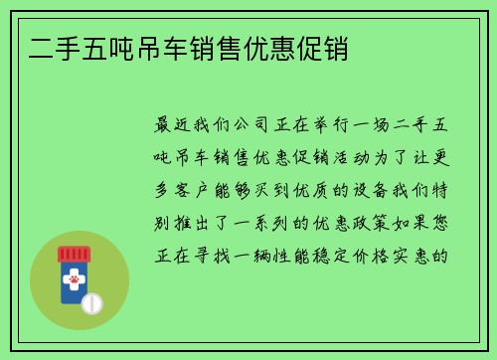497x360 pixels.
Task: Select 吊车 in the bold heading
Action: [x=146, y=47]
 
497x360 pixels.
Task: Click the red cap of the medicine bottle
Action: [x=74, y=254]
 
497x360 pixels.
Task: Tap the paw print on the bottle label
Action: [x=74, y=282]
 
